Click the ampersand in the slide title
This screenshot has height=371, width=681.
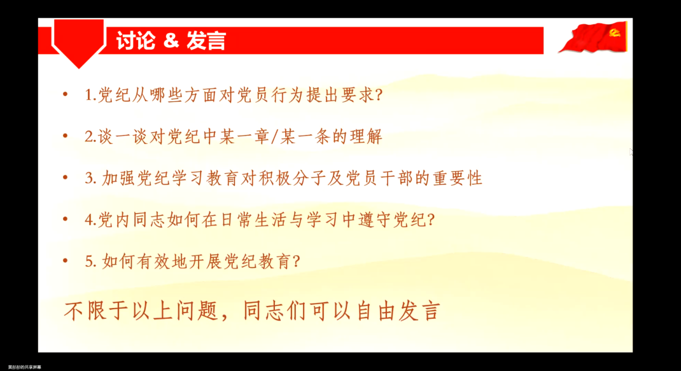170,41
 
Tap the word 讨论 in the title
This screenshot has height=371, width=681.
136,41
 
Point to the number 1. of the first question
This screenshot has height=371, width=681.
90,95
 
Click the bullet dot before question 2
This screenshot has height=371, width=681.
64,136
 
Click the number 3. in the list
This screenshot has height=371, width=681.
90,178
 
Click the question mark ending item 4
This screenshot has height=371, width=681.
430,220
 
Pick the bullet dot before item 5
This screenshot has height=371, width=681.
64,261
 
